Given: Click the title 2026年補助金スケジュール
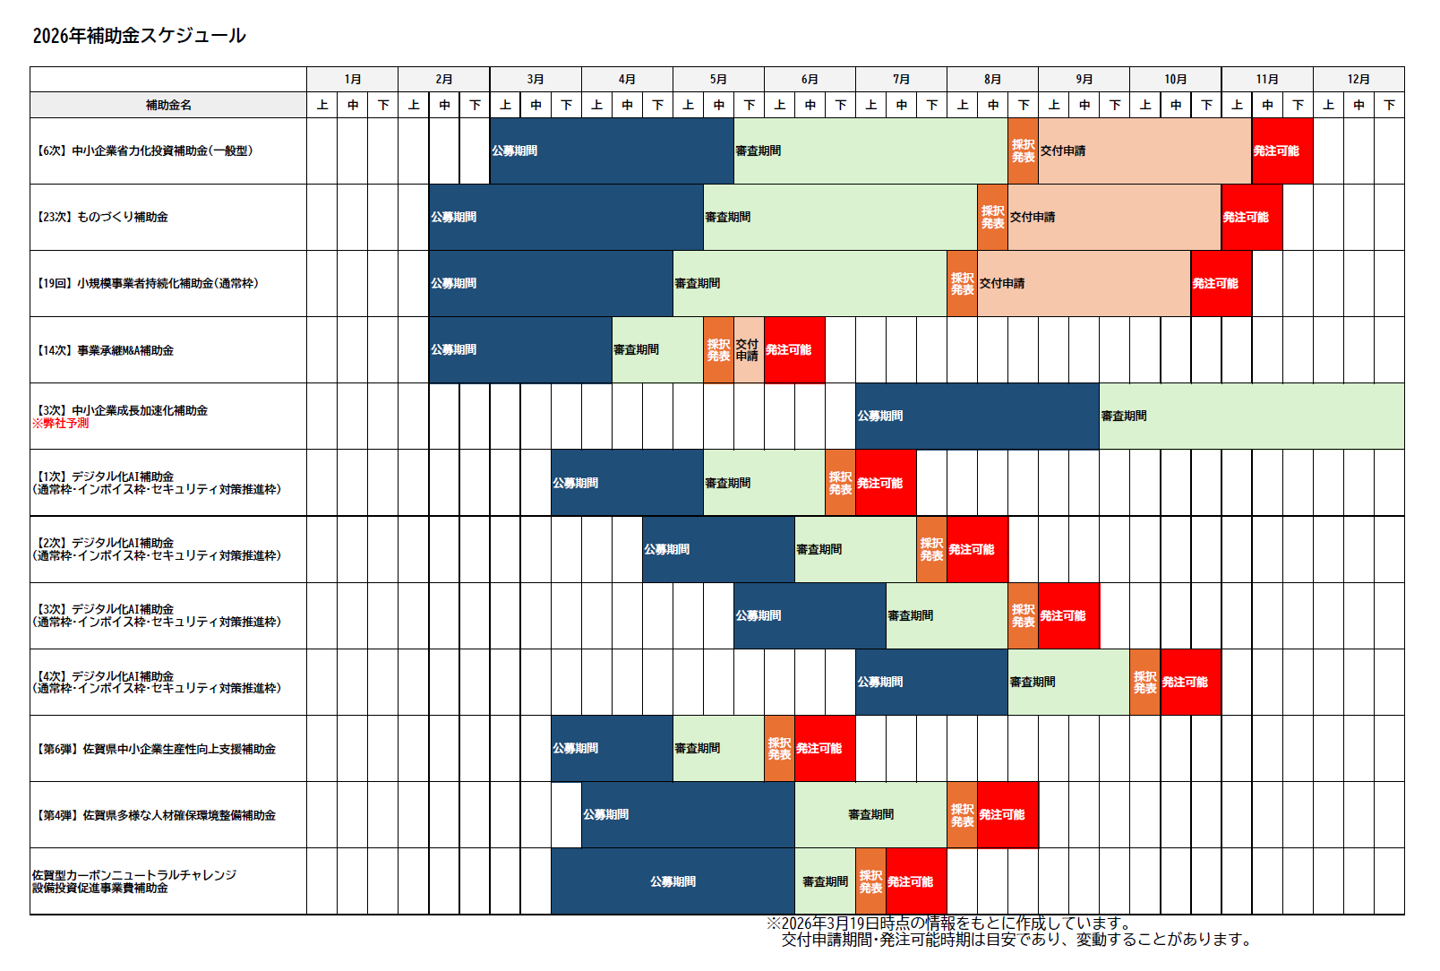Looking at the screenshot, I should tap(139, 36).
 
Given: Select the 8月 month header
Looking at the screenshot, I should tap(992, 79).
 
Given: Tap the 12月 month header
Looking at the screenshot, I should tap(1358, 79).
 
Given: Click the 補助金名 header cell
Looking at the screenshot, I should tap(168, 105).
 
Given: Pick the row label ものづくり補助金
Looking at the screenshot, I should tap(102, 217).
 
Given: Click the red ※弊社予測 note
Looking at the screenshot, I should tap(61, 424).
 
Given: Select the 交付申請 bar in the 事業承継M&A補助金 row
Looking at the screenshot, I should tap(749, 350).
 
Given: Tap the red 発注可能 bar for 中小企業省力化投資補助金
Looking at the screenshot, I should tap(1281, 151).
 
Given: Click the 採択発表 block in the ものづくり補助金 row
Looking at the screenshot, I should tap(992, 218).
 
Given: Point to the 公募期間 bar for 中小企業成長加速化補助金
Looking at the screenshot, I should tap(976, 417).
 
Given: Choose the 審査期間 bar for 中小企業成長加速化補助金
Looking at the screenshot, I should tap(1251, 417).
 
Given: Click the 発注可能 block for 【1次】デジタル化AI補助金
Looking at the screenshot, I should tap(885, 483).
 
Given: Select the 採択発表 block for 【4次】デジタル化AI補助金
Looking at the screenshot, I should tap(1144, 683).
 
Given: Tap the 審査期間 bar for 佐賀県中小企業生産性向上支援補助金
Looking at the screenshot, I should tap(718, 749).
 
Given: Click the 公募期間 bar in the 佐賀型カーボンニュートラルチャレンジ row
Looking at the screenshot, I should tap(673, 881).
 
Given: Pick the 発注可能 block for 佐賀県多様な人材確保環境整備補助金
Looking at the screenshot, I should tap(1007, 815).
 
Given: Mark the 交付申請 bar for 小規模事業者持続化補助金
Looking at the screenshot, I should tap(1084, 284).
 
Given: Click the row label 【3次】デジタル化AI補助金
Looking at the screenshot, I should tap(157, 615).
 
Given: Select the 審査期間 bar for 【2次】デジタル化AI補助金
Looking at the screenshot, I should tap(855, 549).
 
